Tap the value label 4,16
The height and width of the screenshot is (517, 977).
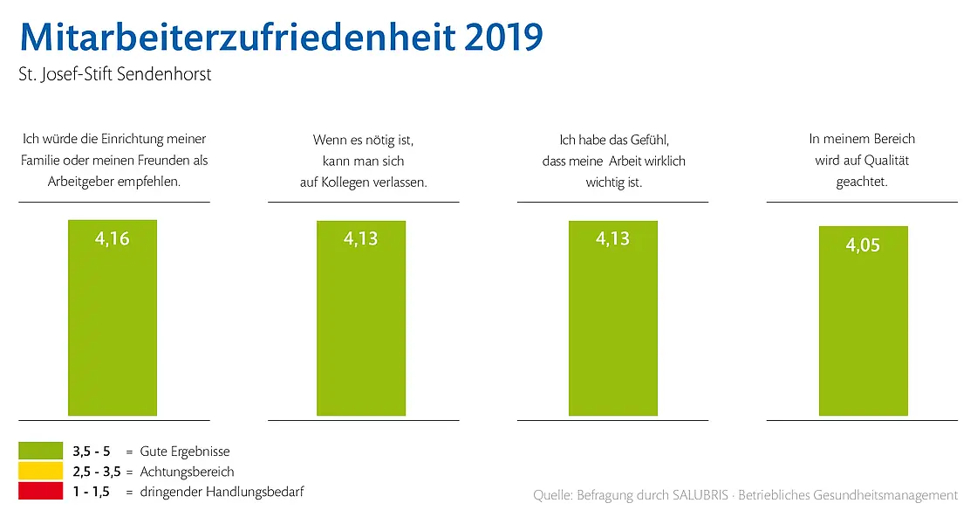113,238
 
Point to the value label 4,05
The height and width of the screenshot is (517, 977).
863,245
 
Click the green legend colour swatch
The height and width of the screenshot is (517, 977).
40,451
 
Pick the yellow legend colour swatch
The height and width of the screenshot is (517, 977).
40,472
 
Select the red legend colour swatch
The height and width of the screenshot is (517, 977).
40,492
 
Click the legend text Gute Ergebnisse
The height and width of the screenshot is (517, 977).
185,452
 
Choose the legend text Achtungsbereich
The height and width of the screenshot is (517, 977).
187,472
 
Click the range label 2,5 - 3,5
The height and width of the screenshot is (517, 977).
97,472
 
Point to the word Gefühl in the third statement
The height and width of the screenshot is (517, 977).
647,139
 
